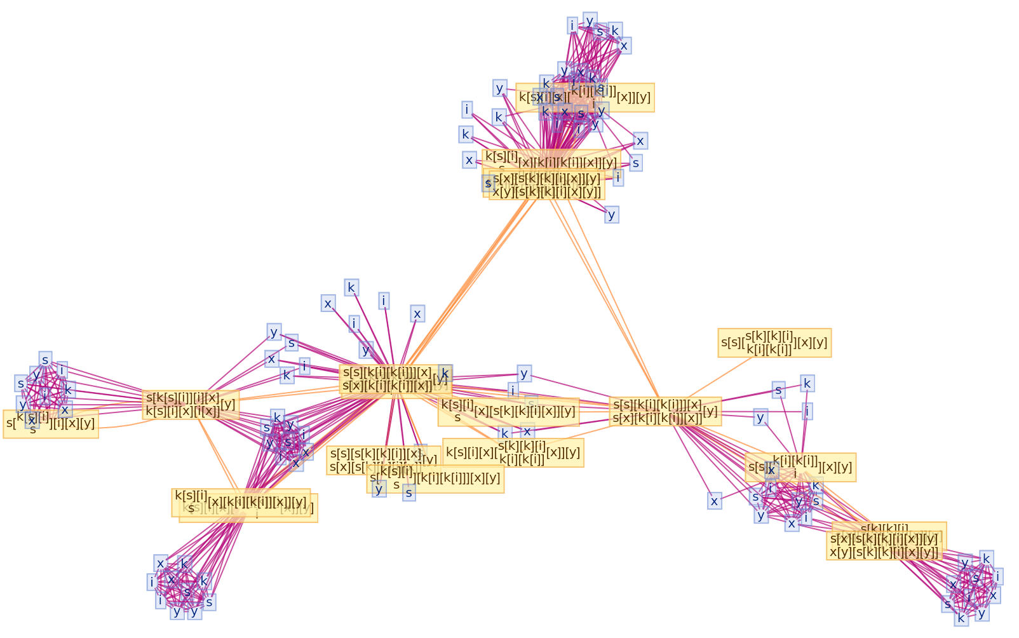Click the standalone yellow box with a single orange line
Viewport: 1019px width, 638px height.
774,343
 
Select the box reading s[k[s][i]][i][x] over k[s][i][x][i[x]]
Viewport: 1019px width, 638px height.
191,405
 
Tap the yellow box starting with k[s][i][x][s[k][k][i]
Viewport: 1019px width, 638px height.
513,453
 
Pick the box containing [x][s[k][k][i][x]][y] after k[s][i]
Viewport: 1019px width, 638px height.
508,411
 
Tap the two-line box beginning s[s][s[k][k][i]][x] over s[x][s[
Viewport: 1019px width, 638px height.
381,460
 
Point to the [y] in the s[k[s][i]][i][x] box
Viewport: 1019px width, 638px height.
228,404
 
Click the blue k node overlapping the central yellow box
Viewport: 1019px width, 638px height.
445,373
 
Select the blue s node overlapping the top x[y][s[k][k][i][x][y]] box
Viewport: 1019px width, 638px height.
488,184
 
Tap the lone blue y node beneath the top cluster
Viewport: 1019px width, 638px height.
612,215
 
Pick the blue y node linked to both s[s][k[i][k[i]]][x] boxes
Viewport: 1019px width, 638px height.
524,373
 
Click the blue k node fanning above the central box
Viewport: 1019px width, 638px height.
351,287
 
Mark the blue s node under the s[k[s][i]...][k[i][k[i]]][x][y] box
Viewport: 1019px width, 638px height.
409,492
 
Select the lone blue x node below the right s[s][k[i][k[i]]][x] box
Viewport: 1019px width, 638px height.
715,501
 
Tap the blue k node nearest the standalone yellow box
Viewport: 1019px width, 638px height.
807,383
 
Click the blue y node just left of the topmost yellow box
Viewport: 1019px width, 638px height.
500,88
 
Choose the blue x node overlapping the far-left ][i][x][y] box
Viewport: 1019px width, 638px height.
32,420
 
